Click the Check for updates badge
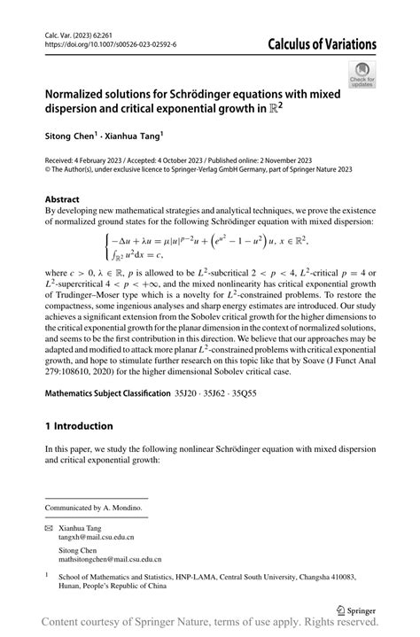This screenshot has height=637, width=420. [x=363, y=76]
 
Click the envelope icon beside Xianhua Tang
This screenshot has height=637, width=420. [x=50, y=525]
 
